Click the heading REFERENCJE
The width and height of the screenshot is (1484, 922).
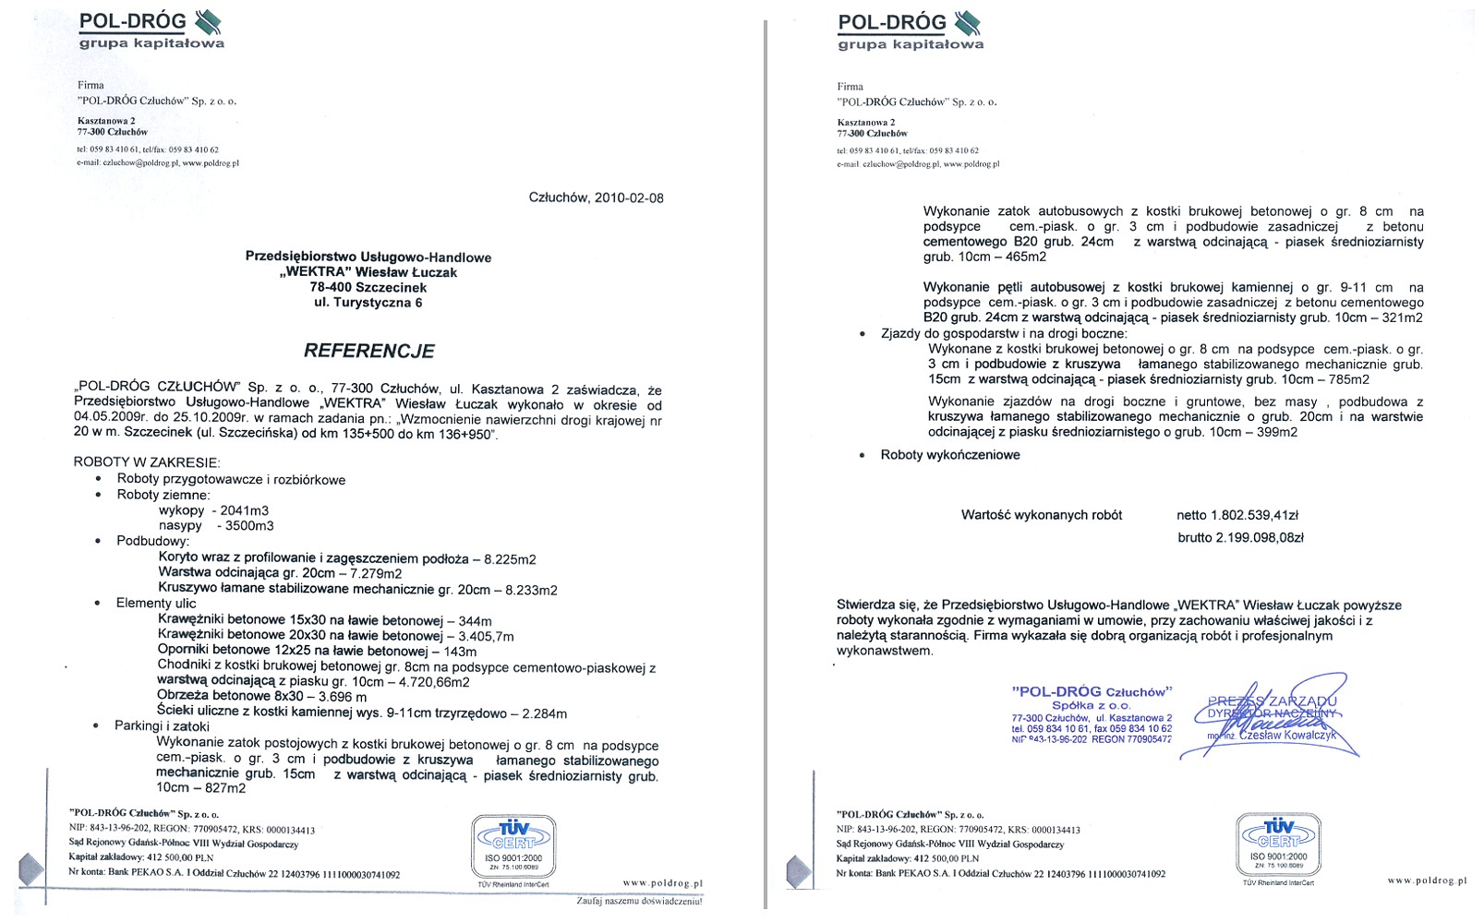[x=369, y=351]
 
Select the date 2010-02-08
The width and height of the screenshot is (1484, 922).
[x=629, y=198]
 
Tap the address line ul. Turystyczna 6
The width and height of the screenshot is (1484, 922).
[x=368, y=303]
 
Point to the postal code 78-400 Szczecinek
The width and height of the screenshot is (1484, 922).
[x=368, y=287]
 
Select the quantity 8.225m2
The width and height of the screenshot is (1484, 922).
[x=510, y=559]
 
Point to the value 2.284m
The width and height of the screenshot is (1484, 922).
[x=545, y=713]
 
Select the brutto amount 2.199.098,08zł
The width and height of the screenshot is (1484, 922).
[x=1241, y=538]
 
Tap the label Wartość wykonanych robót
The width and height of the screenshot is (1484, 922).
[x=1041, y=515]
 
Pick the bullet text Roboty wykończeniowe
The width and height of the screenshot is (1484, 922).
[x=950, y=455]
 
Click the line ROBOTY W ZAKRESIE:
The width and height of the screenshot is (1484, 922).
[x=147, y=462]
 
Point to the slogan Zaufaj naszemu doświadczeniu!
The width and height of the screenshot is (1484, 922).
[x=639, y=901]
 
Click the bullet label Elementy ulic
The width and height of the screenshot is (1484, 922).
[x=156, y=604]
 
